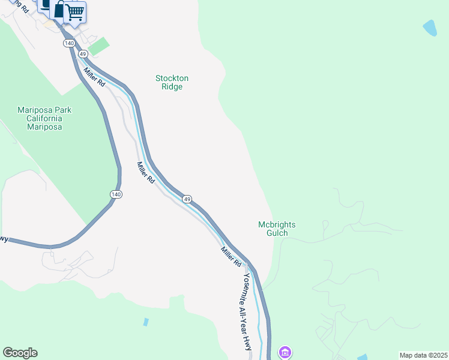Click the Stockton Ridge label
pyautogui.click(x=172, y=83)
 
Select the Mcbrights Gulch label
pyautogui.click(x=277, y=229)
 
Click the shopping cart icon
pyautogui.click(x=75, y=11)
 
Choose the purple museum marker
pyautogui.click(x=285, y=352)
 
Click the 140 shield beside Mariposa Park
pyautogui.click(x=116, y=194)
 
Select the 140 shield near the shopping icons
pyautogui.click(x=69, y=44)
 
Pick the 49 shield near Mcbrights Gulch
pyautogui.click(x=187, y=199)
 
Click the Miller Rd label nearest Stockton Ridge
pyautogui.click(x=95, y=77)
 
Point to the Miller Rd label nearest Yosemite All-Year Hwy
pyautogui.click(x=231, y=257)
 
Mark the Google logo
pyautogui.click(x=20, y=353)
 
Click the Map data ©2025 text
pyautogui.click(x=423, y=355)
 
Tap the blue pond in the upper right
pyautogui.click(x=430, y=28)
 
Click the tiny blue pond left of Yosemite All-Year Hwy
pyautogui.click(x=146, y=322)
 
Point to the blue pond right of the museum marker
pyautogui.click(x=362, y=358)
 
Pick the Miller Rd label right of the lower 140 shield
pyautogui.click(x=146, y=173)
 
